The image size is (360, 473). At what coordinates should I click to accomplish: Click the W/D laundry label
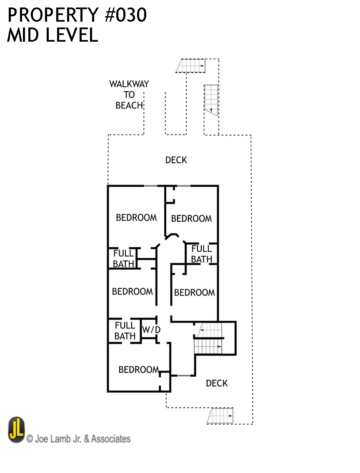point(151,330)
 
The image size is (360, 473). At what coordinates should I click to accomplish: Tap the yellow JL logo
point(16,430)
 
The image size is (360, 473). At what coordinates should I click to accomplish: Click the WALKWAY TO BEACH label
point(129,95)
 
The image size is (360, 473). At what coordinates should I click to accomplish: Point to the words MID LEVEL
point(52,35)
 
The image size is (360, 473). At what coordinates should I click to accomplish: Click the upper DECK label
point(176,160)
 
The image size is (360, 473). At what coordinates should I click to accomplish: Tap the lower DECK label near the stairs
point(217,383)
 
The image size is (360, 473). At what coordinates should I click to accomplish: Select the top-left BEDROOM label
point(136,218)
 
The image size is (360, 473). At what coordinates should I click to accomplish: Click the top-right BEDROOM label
point(191,218)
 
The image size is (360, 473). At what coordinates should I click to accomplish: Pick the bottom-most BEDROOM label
point(138,370)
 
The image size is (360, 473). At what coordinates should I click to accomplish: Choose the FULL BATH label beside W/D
point(125,330)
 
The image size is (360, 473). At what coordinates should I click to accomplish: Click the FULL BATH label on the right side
point(202,254)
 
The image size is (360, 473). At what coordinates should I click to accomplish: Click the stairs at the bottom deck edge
point(220,415)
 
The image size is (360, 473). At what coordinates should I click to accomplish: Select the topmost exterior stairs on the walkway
point(191,66)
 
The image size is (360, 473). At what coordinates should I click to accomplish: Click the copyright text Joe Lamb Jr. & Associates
point(78,438)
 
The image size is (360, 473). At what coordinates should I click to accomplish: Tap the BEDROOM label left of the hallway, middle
point(132,291)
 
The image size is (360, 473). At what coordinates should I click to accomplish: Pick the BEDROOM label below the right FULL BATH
point(194,293)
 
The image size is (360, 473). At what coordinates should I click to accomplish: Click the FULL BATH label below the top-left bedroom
point(124,258)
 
